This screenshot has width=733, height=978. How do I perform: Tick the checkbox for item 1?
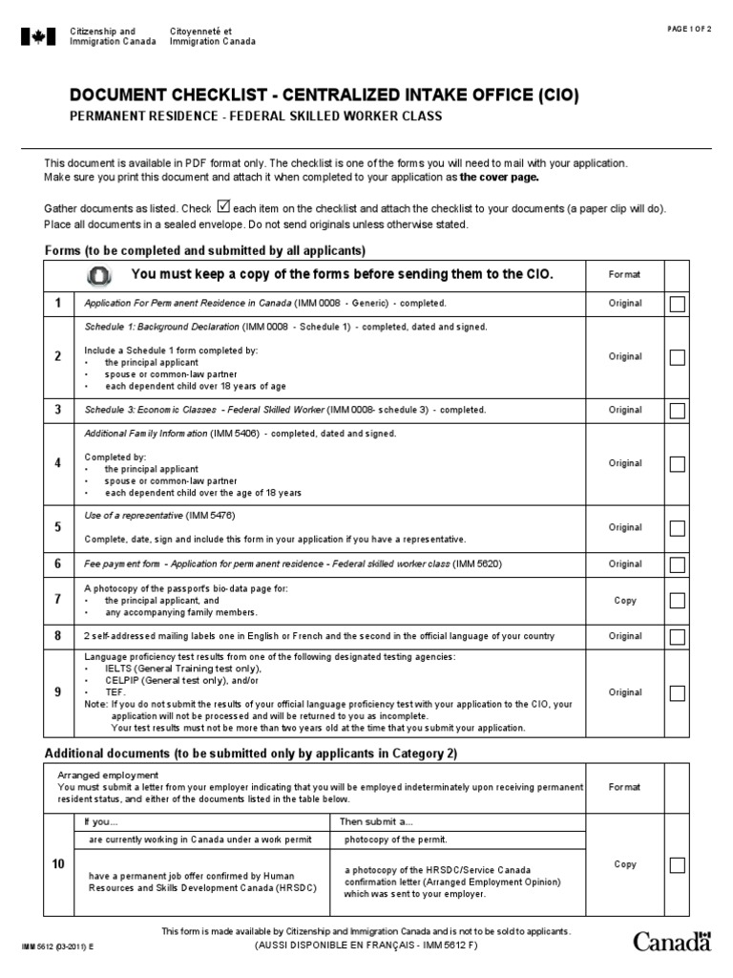click(x=677, y=304)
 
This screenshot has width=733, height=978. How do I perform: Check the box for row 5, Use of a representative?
click(x=677, y=528)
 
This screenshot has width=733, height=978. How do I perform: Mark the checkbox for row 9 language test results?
click(x=677, y=693)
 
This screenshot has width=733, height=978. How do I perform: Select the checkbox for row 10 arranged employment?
click(x=677, y=865)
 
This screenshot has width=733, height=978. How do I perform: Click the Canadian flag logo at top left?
click(x=39, y=37)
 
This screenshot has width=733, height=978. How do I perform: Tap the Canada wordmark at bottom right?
click(x=673, y=942)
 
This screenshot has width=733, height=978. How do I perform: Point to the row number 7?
click(x=58, y=600)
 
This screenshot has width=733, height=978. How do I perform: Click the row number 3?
click(x=58, y=410)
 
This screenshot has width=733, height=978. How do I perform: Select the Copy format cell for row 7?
click(x=625, y=601)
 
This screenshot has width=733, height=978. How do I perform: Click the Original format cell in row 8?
click(x=625, y=636)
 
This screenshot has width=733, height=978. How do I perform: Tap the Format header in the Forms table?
click(x=625, y=274)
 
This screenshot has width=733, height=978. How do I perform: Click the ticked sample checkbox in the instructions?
click(x=224, y=205)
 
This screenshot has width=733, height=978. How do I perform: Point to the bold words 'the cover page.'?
click(x=499, y=178)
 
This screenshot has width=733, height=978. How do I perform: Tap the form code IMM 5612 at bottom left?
click(x=54, y=946)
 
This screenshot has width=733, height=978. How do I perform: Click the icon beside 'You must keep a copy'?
click(x=99, y=275)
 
